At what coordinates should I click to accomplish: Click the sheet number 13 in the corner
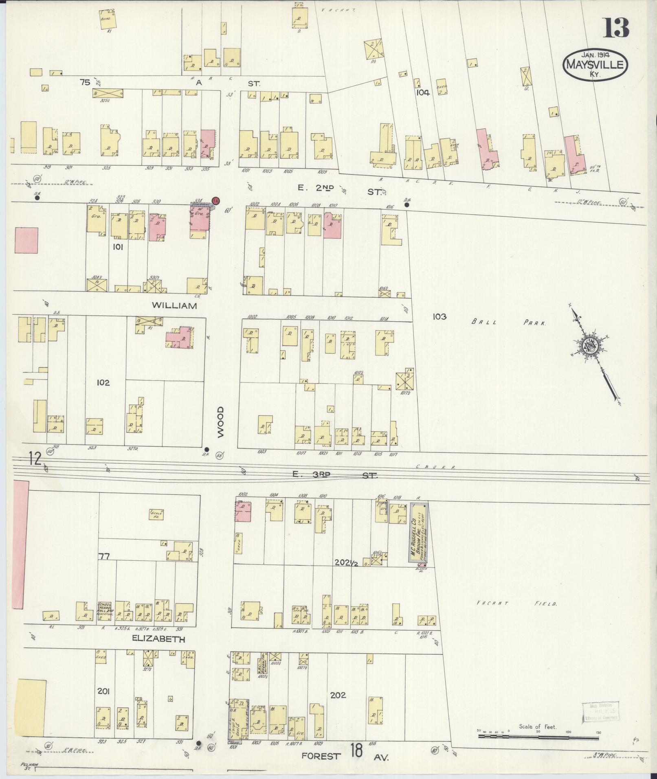[616, 28]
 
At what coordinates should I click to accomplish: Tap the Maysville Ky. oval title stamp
[595, 65]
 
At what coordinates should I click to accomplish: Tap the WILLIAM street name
[174, 305]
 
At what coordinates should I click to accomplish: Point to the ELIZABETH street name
[159, 639]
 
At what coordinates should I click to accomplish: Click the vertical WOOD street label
[221, 422]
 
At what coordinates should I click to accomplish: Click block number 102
[103, 382]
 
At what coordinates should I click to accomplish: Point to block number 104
[423, 92]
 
